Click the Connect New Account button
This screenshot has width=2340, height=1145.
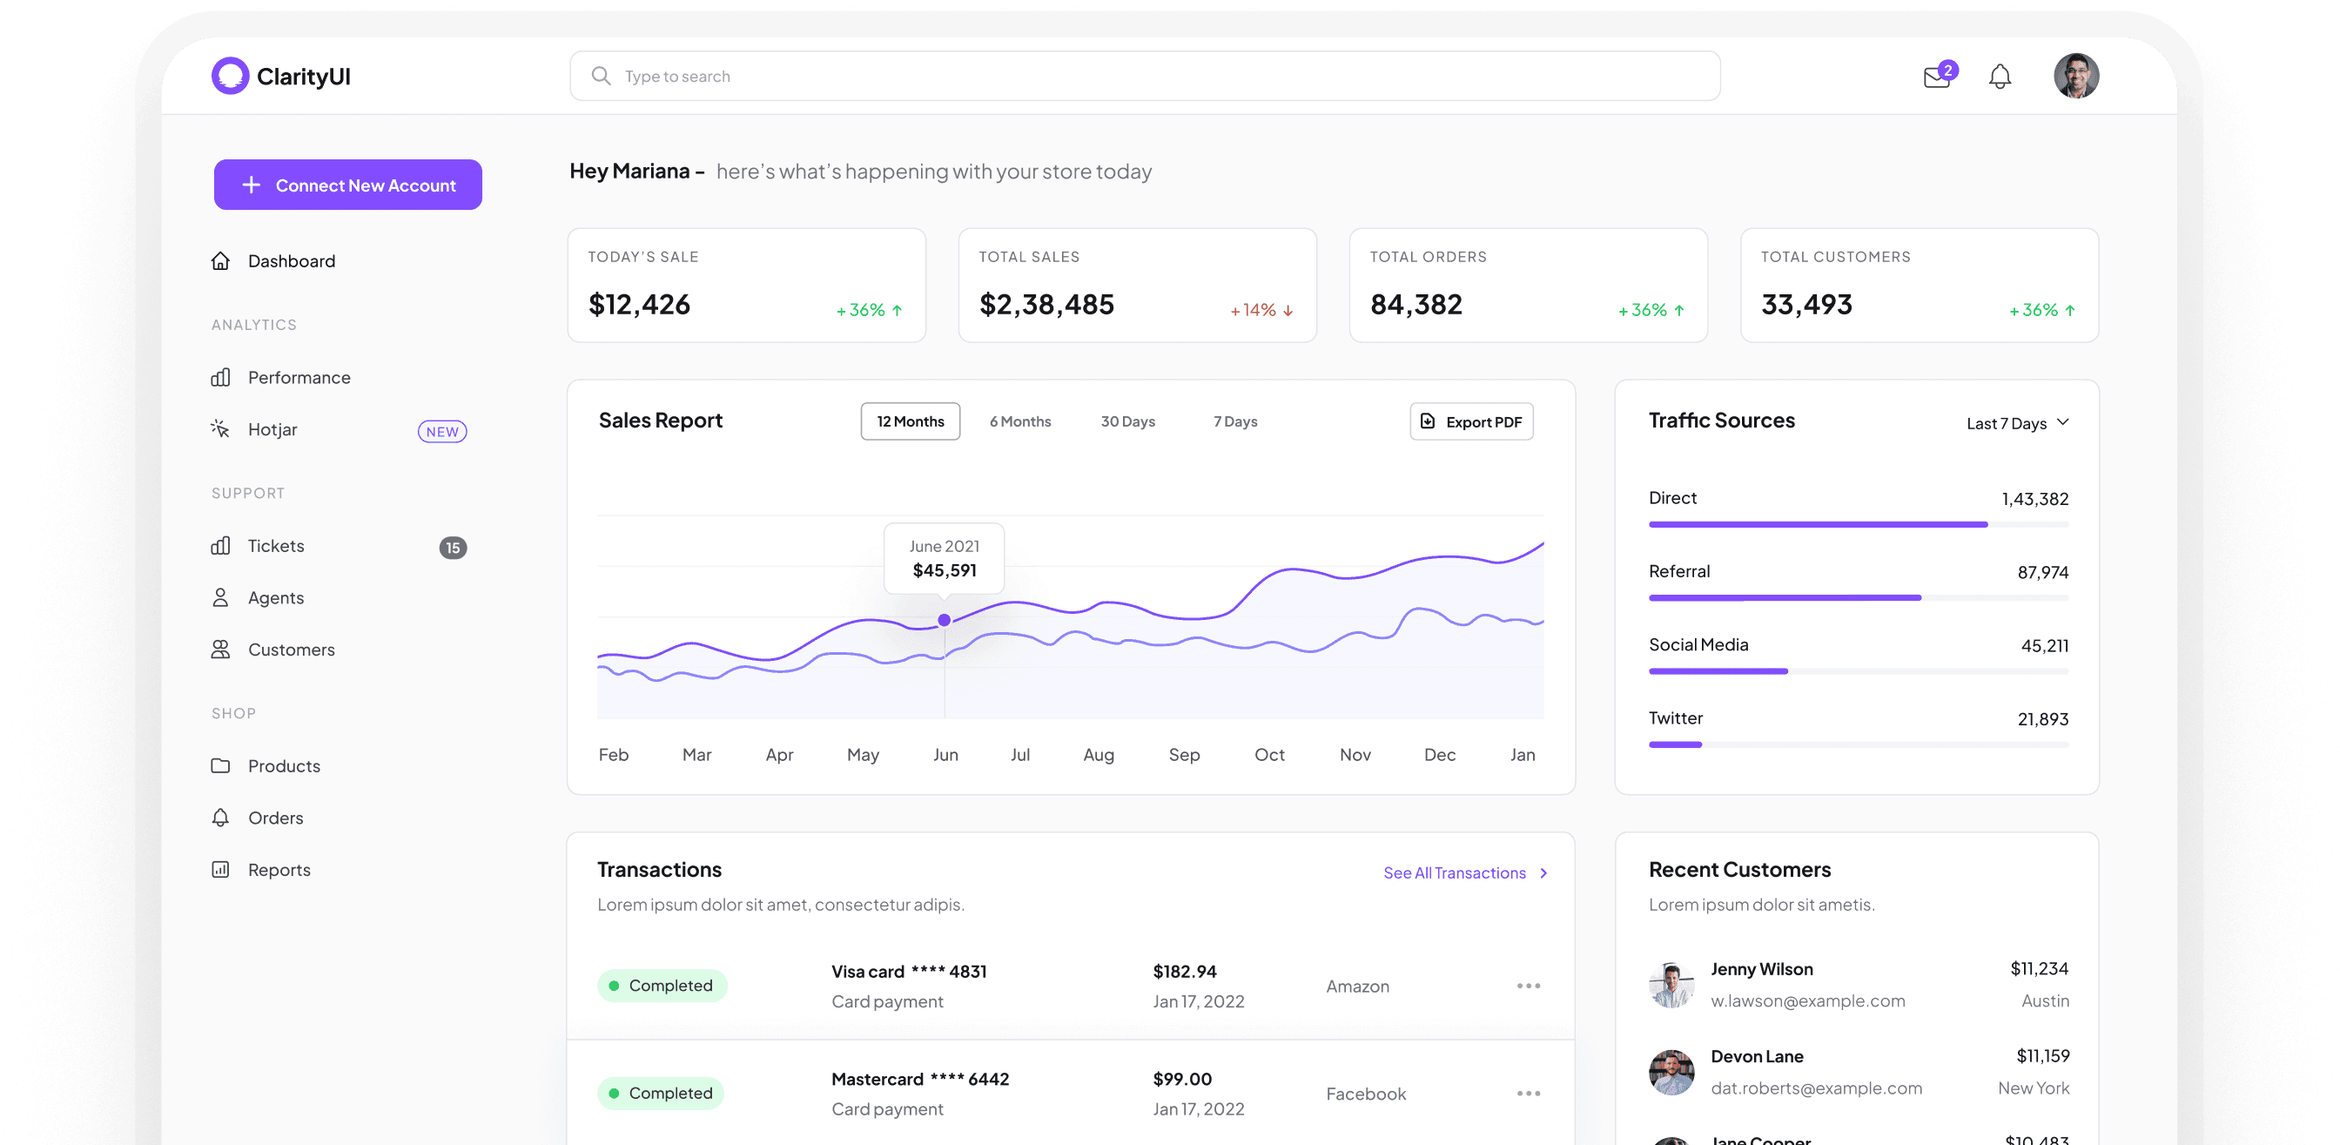[x=348, y=185]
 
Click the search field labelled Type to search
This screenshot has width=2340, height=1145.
[x=1145, y=77]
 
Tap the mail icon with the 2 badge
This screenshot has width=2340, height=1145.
[x=1937, y=77]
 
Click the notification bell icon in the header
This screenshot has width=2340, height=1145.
[x=2000, y=77]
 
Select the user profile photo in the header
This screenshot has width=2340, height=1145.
[x=2075, y=77]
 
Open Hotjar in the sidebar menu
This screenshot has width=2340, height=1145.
[x=272, y=430]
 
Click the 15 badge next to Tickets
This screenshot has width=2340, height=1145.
[x=453, y=548]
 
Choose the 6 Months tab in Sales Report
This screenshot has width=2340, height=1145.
[x=1019, y=421]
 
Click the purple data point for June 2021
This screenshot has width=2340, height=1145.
[x=944, y=620]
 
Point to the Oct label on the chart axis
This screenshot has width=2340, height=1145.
[x=1269, y=755]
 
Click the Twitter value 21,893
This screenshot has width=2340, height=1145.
[x=2042, y=720]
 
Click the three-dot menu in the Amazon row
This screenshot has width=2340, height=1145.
[x=1528, y=986]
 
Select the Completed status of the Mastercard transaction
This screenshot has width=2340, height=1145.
[x=661, y=1094]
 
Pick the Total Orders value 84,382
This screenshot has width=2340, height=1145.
[x=1415, y=305]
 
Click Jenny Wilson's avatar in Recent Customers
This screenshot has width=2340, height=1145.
[x=1671, y=985]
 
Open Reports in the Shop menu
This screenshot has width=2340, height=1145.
[x=279, y=870]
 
